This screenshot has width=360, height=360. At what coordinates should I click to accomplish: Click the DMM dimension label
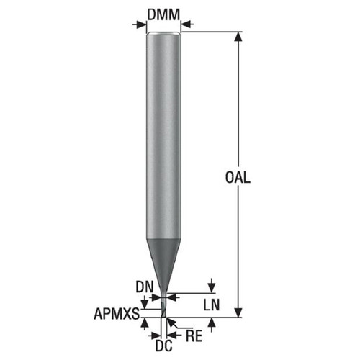pos(163,13)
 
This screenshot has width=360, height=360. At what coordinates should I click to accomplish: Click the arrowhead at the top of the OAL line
pos(238,36)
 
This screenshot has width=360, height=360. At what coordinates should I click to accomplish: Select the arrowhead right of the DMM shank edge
pos(185,24)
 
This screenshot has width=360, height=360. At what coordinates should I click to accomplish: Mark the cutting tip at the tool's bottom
pos(163,314)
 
